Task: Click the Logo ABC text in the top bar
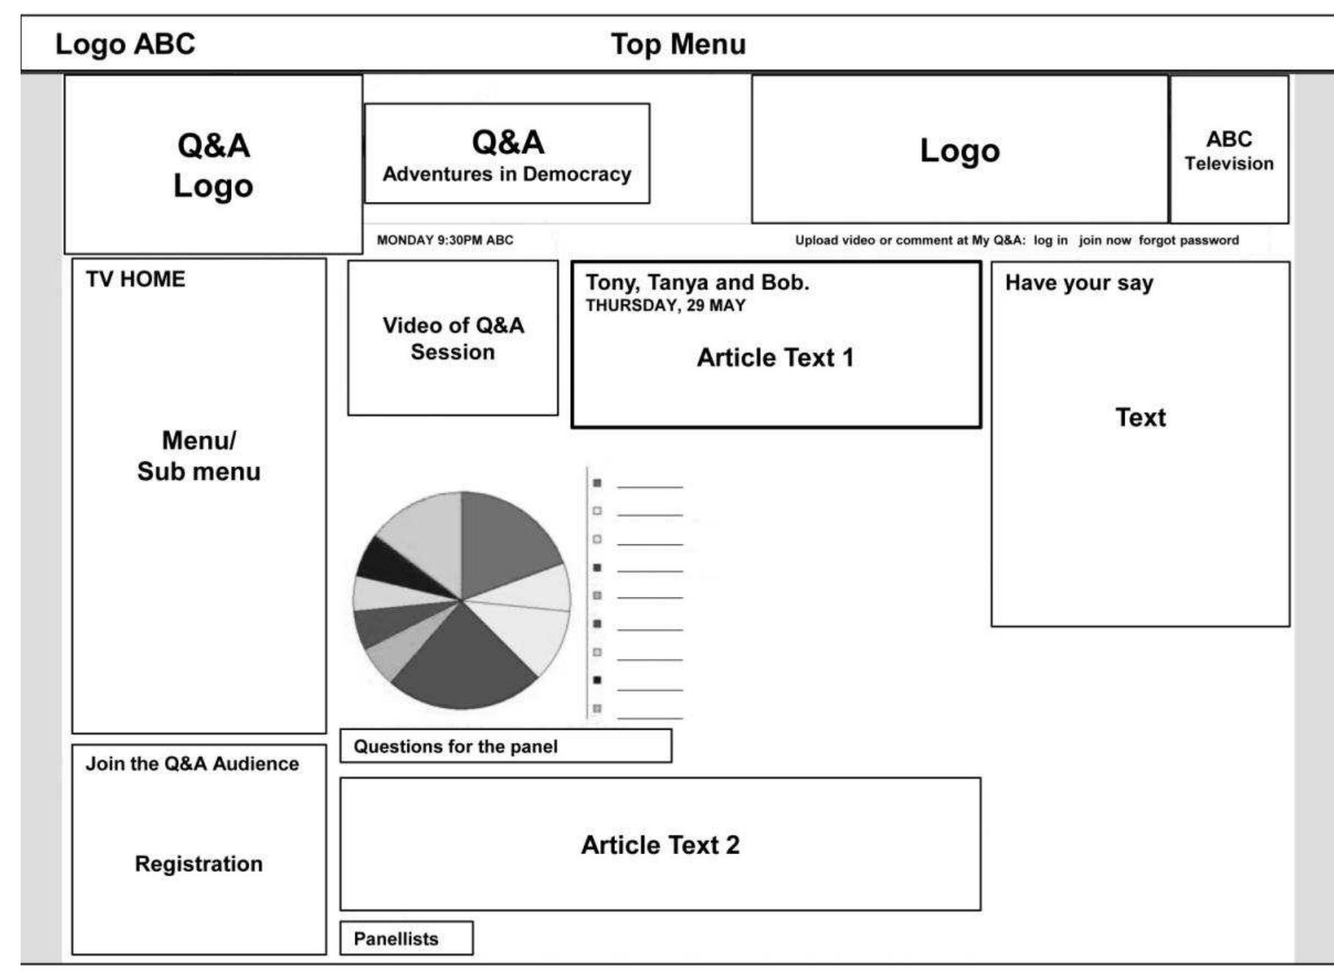[x=125, y=44]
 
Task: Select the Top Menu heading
[x=678, y=44]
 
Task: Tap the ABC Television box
[x=1229, y=150]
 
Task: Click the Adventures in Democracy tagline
[x=507, y=174]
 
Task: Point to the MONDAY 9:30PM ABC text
[x=445, y=240]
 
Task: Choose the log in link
[x=1050, y=240]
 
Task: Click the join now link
[x=1105, y=240]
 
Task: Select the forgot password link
[x=1188, y=240]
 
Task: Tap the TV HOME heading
[x=135, y=280]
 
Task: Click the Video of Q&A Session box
[x=453, y=338]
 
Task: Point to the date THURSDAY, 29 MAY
[x=666, y=305]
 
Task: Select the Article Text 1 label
[x=775, y=358]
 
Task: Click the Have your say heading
[x=1079, y=283]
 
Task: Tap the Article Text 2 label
[x=660, y=845]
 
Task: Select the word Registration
[x=199, y=864]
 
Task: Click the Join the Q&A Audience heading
[x=192, y=764]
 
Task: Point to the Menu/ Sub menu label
[x=199, y=456]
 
